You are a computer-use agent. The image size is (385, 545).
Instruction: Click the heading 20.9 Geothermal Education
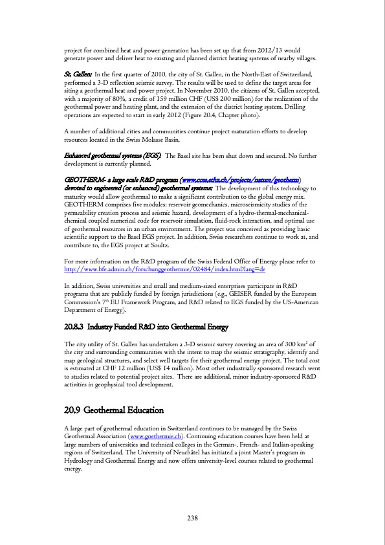pos(114,410)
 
